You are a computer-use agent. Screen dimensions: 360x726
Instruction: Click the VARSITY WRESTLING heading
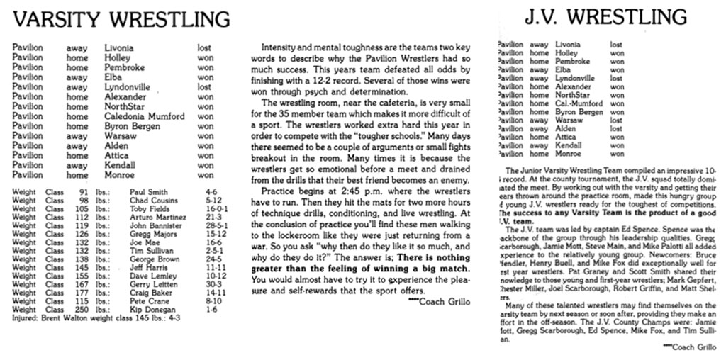[x=122, y=18]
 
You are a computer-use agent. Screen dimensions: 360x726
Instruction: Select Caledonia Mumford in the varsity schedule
[x=145, y=116]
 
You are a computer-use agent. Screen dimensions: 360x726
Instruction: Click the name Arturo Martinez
[x=157, y=217]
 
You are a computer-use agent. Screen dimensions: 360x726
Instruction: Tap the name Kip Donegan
[x=152, y=310]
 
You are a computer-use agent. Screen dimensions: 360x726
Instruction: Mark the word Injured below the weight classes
[x=26, y=318]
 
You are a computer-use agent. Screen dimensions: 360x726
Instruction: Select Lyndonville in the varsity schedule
[x=131, y=87]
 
